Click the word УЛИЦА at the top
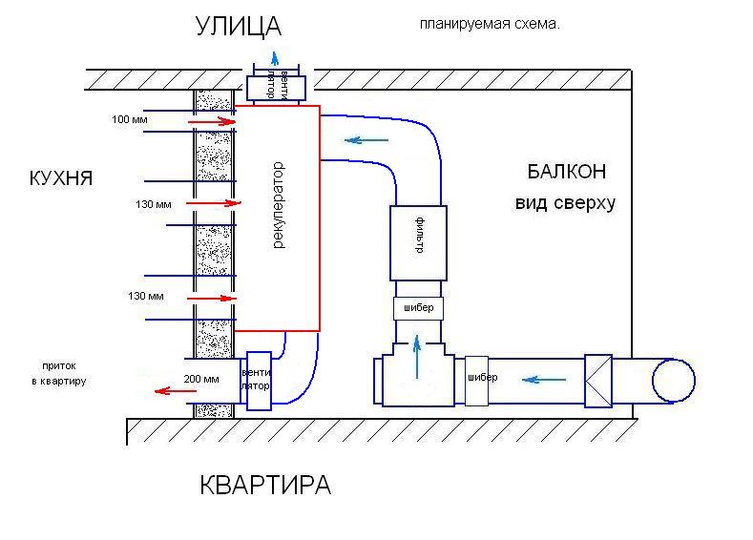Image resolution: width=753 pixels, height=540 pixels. coord(240,25)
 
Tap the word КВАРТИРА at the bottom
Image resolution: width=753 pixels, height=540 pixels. coord(265,485)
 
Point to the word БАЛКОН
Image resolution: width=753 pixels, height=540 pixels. coord(566,173)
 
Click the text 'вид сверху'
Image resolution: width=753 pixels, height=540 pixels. coord(566,202)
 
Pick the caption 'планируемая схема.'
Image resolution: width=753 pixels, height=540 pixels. coord(489,25)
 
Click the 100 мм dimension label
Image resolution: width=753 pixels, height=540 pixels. coord(129,120)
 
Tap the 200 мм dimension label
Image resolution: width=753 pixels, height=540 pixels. coord(200,380)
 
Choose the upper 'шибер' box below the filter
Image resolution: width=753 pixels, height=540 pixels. coord(418,308)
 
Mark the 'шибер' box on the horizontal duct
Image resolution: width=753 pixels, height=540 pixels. coord(481,378)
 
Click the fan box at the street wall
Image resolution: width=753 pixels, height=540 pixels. coord(275,86)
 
